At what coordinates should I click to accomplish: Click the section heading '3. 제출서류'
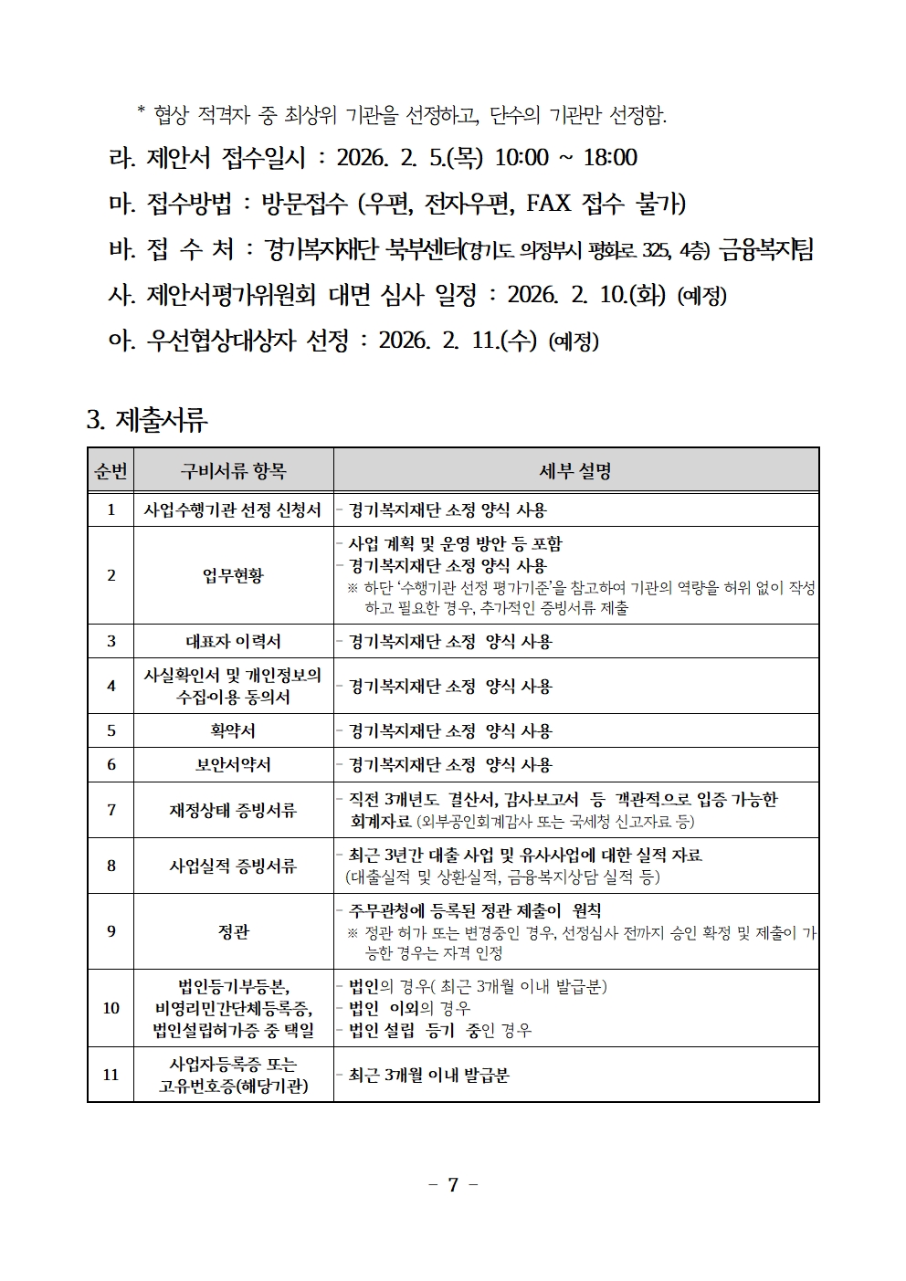coord(147,420)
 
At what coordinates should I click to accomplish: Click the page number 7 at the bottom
coord(453,1184)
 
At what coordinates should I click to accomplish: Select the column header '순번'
coord(111,471)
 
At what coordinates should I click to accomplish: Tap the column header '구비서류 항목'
coord(233,471)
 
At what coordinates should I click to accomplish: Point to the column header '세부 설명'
coord(575,471)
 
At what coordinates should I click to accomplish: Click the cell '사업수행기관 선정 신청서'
coord(233,510)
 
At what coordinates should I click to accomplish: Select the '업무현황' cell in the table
coord(233,575)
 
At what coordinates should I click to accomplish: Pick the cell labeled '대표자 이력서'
coord(233,641)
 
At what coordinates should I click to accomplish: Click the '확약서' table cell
coord(233,730)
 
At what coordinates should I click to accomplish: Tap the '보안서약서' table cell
coord(233,765)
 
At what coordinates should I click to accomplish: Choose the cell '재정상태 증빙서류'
coord(233,810)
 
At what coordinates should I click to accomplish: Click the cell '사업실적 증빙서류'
coord(233,866)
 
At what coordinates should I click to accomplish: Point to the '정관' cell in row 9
coord(233,931)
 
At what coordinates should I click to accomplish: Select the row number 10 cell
coord(111,1008)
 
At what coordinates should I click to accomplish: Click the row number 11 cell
coord(111,1075)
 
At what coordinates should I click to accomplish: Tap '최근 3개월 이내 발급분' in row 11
coord(428,1076)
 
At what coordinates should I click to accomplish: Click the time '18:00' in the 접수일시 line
coord(610,158)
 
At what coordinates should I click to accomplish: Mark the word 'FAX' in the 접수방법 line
coord(548,203)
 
